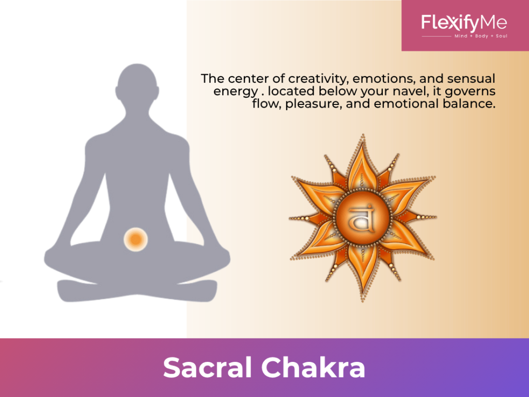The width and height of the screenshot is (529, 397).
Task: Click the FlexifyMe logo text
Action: pos(464,23)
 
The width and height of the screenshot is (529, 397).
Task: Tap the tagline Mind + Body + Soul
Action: pos(480,36)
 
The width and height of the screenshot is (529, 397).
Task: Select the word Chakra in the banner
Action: pos(313,368)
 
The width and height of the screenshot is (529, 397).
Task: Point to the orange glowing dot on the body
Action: pos(135,239)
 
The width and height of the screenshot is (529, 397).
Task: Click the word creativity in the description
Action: pos(316,79)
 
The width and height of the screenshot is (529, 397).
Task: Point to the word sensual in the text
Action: pos(474,79)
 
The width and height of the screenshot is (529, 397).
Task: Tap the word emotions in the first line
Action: pos(381,79)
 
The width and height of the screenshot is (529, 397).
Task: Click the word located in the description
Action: pos(281,91)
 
